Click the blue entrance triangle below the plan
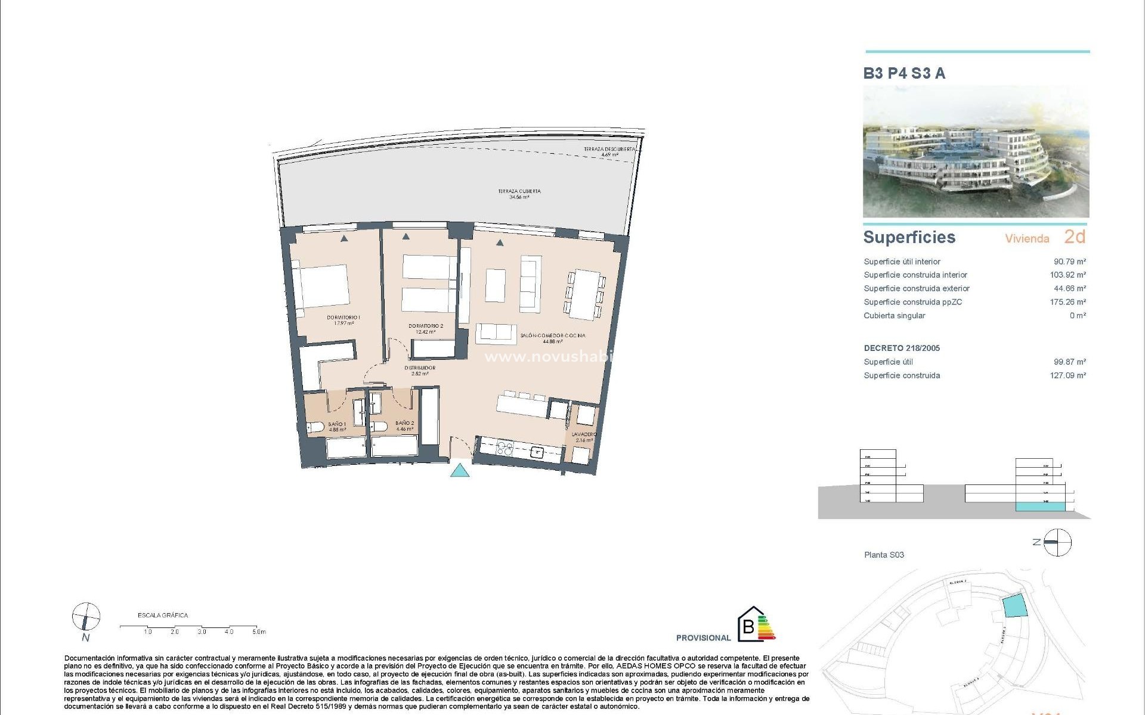pyautogui.click(x=459, y=470)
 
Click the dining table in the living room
pyautogui.click(x=584, y=294)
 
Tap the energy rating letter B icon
pyautogui.click(x=747, y=626)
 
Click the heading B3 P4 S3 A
pyautogui.click(x=904, y=73)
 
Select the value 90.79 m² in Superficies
pyautogui.click(x=1069, y=262)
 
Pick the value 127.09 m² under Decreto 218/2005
pyautogui.click(x=1067, y=375)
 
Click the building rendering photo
pyautogui.click(x=976, y=152)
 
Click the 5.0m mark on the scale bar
pyautogui.click(x=259, y=632)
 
